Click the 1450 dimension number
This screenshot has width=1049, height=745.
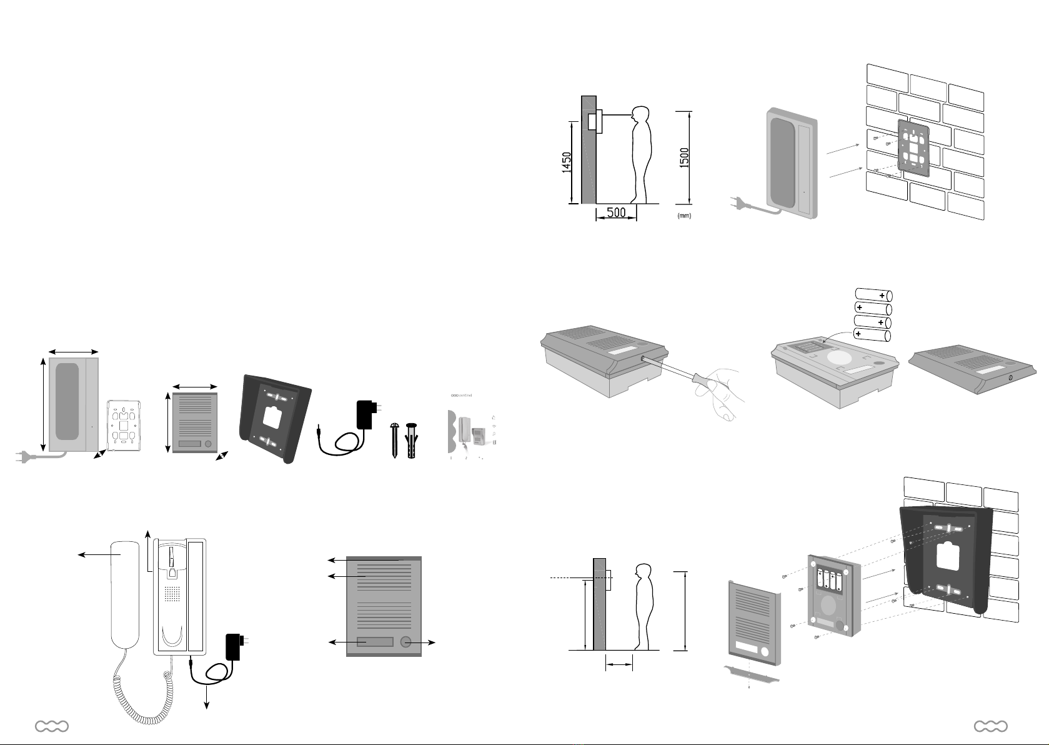point(566,164)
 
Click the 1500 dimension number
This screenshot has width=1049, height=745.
point(685,157)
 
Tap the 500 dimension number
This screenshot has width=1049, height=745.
point(616,212)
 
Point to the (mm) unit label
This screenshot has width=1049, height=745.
point(684,216)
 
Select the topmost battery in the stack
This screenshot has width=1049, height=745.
point(873,295)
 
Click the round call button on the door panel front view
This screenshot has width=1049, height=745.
point(407,642)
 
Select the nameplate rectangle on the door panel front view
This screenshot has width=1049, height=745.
point(375,642)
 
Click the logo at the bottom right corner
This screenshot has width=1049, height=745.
point(990,726)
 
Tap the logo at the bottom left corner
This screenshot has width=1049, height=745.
point(52,726)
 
